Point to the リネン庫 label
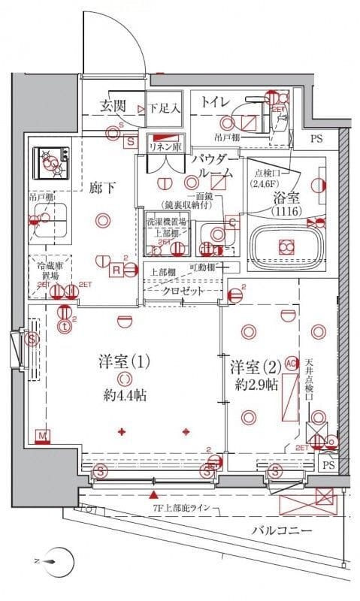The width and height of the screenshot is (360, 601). click(x=167, y=146)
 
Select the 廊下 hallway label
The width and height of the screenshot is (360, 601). click(x=103, y=188)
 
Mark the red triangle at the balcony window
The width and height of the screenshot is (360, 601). click(x=154, y=495)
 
